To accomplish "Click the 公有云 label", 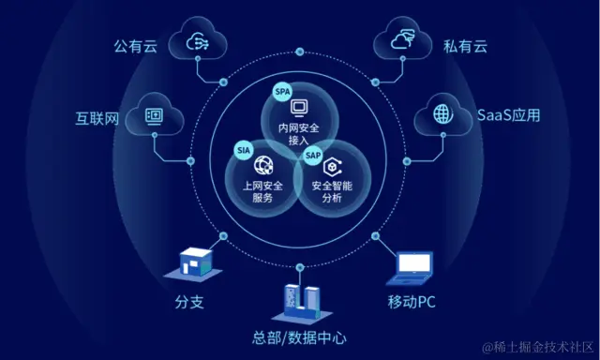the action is click(x=133, y=44).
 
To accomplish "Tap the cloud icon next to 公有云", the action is click(x=199, y=40).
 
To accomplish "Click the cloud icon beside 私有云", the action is click(x=401, y=40).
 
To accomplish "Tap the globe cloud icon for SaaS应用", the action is click(x=441, y=114).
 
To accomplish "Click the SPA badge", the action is click(x=282, y=91).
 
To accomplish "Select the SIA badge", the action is click(x=244, y=149).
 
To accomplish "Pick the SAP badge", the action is click(x=312, y=154).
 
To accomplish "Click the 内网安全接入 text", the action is click(x=299, y=134).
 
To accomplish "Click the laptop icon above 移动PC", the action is click(x=412, y=268).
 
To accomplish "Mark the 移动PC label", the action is click(x=412, y=303).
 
